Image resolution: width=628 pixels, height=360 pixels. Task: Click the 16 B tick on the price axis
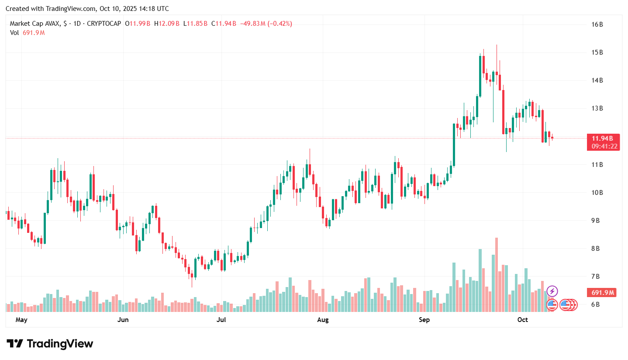(597, 24)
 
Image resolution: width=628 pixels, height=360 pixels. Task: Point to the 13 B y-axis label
(597, 108)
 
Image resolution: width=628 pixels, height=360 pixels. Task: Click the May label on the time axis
(21, 320)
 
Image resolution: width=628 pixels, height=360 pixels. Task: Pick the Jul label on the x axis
(221, 320)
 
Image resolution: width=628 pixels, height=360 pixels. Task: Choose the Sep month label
(424, 320)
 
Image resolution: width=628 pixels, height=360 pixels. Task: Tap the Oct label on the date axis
(522, 320)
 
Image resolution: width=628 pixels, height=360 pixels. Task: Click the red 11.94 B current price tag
(603, 138)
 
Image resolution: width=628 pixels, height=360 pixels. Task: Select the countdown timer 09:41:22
(603, 146)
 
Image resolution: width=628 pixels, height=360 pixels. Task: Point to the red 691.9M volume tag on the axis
(603, 292)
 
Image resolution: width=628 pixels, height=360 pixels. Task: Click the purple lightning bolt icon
(552, 291)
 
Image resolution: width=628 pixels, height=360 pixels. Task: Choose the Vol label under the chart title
(14, 32)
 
